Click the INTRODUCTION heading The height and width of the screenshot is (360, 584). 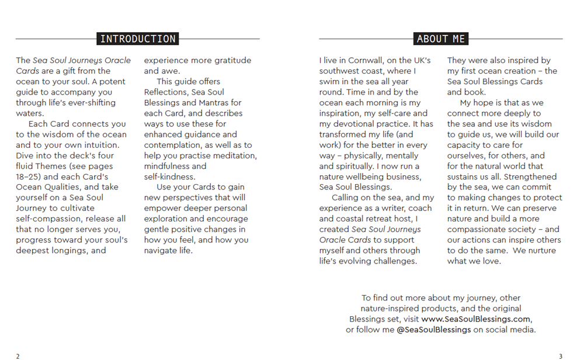(x=138, y=39)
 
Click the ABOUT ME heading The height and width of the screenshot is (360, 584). (x=441, y=39)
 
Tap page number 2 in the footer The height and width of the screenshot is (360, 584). (x=18, y=356)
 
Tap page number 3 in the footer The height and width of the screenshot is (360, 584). (x=561, y=356)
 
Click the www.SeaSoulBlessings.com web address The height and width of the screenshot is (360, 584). (x=476, y=319)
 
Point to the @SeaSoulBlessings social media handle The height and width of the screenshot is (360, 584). (x=434, y=330)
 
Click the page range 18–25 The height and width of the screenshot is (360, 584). (x=29, y=177)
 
